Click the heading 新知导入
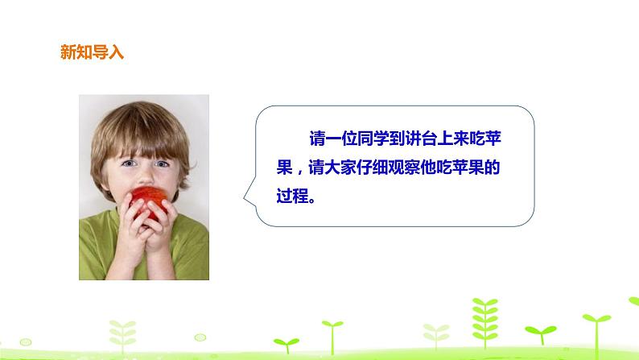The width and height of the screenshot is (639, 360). tap(92, 52)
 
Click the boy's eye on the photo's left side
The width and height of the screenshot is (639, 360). tap(129, 164)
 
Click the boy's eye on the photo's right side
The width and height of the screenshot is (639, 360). tap(163, 163)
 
